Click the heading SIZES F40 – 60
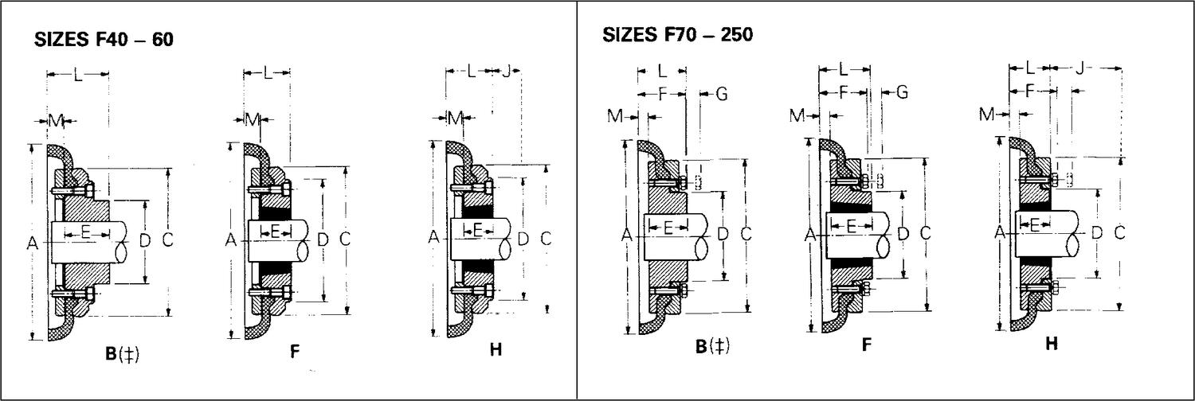[104, 41]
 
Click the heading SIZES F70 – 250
[678, 35]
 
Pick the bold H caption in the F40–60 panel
[495, 349]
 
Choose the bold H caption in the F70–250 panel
[1052, 344]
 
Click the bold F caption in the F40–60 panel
[294, 351]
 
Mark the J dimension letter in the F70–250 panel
[1079, 68]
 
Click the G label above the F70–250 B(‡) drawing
[722, 94]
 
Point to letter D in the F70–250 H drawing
[1097, 232]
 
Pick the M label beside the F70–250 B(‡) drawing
[615, 117]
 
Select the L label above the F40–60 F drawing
[267, 73]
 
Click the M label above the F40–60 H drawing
[455, 119]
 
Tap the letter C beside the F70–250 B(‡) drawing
[746, 234]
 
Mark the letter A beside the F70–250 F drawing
[811, 235]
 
